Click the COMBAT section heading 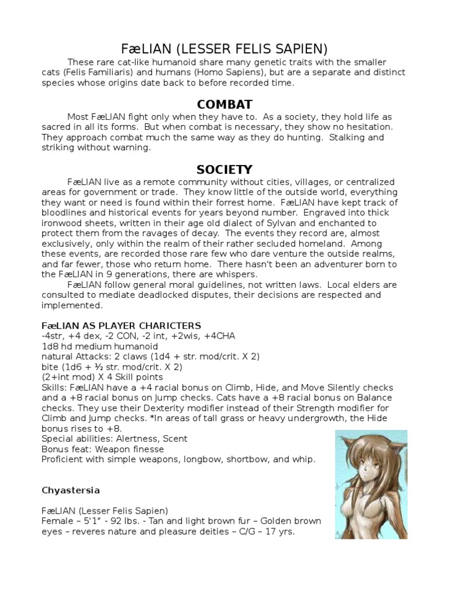pos(224,105)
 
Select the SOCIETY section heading pos(224,170)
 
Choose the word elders pos(366,285)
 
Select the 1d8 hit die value pos(51,346)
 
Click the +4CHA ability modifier pos(220,335)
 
